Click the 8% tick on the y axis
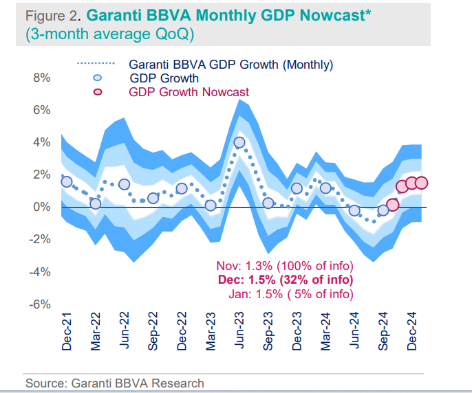coord(41,78)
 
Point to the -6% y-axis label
coord(39,304)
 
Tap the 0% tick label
coord(41,207)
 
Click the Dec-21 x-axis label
coord(67,332)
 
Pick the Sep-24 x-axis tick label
coord(384,332)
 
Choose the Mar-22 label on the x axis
coord(96,332)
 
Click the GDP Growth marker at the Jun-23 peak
coord(239,143)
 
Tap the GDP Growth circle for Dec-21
coord(67,181)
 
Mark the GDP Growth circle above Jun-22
coord(124,184)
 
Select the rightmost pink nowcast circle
coord(422,183)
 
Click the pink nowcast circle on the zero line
coord(393,205)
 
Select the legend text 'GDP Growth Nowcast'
coord(189,92)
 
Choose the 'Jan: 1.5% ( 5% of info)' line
coord(290,294)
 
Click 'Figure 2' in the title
coord(49,14)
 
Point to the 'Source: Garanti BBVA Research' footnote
coord(114,383)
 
